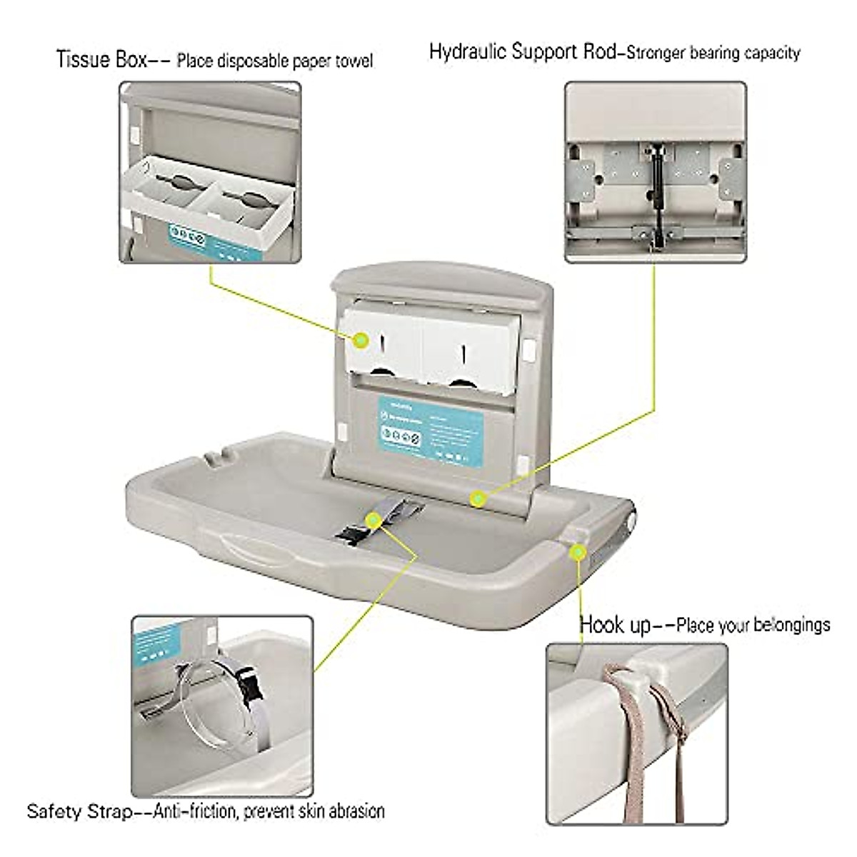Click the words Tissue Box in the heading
(101, 59)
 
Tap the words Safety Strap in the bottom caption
(79, 811)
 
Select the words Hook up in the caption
(615, 625)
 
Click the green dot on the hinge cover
(478, 498)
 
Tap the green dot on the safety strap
(373, 521)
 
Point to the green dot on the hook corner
(577, 552)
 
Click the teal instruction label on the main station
(430, 430)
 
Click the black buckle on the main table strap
(351, 532)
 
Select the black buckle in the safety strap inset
(252, 691)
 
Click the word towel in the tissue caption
(354, 61)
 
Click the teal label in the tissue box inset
(187, 238)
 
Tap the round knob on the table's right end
(631, 521)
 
